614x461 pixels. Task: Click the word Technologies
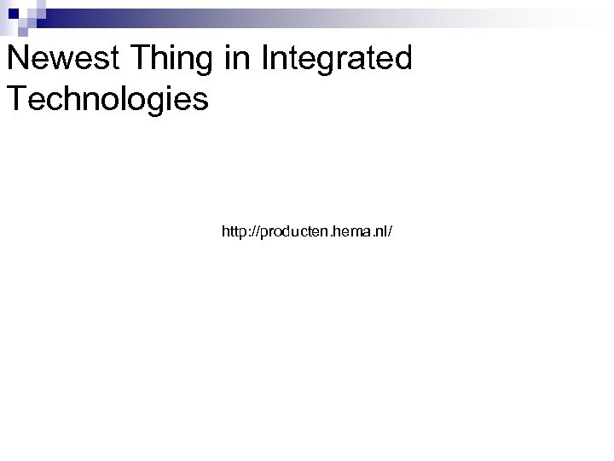pos(107,98)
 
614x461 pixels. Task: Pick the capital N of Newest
pos(17,60)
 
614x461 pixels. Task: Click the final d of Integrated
pos(402,60)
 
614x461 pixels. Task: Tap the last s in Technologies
pos(200,100)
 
